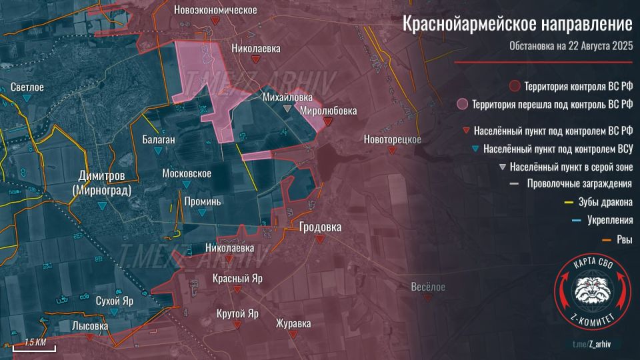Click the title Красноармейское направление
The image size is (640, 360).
coord(517,25)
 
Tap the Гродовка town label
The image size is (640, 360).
coord(320,227)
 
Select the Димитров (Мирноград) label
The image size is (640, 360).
coord(101,181)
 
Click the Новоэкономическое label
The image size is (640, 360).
coord(215,10)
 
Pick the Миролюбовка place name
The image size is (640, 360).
coord(328,110)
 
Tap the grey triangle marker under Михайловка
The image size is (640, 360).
coord(287,108)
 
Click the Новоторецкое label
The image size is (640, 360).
coord(392,139)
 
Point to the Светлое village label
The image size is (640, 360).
coord(27,87)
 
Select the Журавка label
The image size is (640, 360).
coord(293,324)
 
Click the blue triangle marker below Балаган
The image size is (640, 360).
coord(158,151)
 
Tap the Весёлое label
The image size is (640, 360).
coord(427,287)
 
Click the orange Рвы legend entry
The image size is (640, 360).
coord(624,239)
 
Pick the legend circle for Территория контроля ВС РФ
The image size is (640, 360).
coord(513,87)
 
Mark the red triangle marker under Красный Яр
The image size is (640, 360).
coord(237,289)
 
